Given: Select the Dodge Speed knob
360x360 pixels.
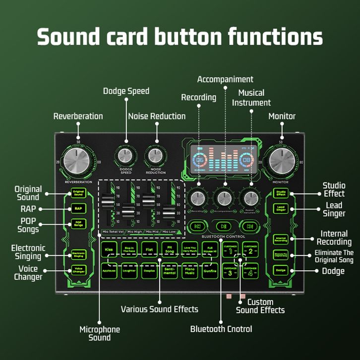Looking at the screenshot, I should point(125,156).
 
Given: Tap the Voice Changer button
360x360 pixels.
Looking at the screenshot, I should point(78,270).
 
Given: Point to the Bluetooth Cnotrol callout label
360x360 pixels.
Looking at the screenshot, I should point(221,329).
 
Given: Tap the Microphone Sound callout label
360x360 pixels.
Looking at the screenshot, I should point(100,333).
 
